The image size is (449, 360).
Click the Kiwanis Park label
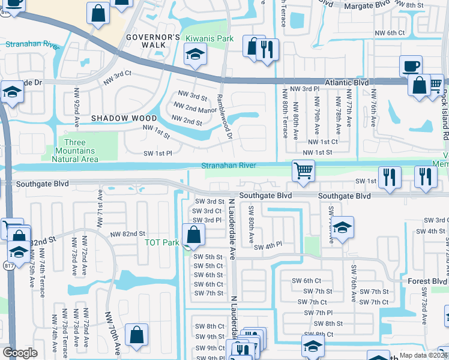coord(209,38)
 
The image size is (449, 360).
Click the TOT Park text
coord(162,243)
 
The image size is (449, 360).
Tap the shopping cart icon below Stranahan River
coord(304,171)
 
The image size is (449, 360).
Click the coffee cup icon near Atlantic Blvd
coord(411,65)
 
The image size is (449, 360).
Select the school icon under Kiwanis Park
coord(194,56)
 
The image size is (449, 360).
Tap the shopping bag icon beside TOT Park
coord(193,235)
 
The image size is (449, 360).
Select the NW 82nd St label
coord(127,233)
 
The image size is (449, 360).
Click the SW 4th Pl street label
coord(268,247)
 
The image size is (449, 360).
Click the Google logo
coord(20,353)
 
